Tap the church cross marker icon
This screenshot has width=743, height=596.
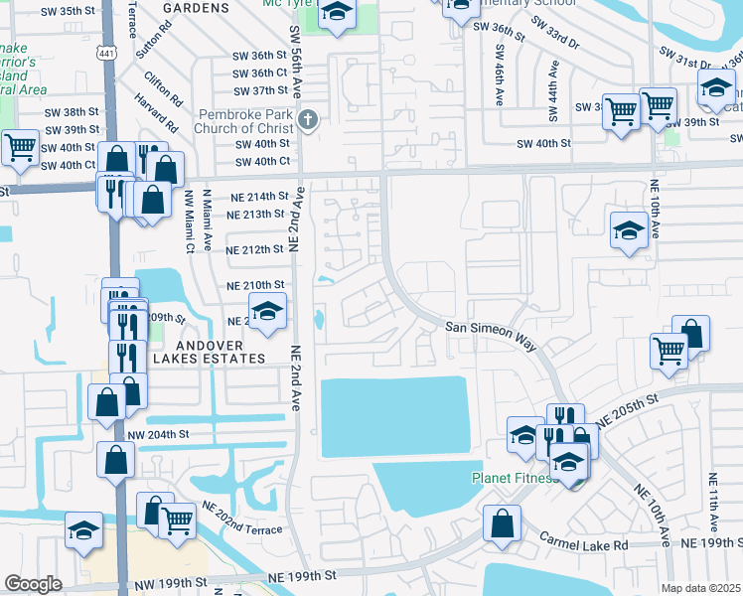pos(308,121)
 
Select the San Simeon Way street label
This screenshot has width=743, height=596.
pos(490,335)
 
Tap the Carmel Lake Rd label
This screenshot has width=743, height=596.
pos(584,541)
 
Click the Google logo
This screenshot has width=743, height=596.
pos(33,584)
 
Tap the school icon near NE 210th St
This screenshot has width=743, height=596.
pos(266,313)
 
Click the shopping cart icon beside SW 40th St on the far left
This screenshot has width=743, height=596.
pos(20,149)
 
